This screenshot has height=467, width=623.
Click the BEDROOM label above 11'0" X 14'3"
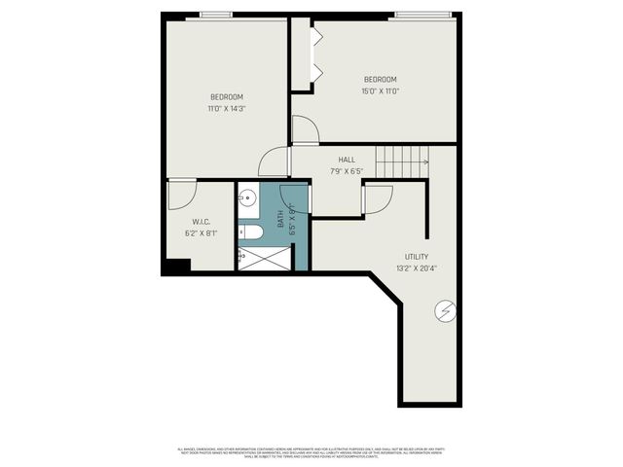[227, 96]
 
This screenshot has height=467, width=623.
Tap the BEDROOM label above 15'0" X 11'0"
[381, 79]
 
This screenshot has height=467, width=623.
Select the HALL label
[347, 159]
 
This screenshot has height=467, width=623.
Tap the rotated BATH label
[279, 221]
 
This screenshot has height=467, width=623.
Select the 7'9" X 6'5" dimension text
[347, 170]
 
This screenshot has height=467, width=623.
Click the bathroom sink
[246, 195]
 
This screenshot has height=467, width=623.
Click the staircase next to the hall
[403, 161]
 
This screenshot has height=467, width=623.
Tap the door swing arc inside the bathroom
[295, 198]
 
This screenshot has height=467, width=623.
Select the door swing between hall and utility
[378, 198]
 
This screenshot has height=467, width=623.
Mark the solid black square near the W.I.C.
[175, 266]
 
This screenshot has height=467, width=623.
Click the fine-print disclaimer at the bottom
[311, 450]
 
